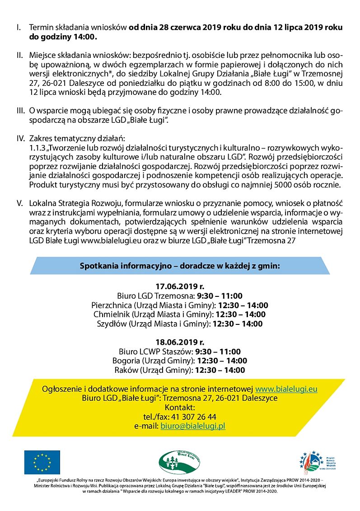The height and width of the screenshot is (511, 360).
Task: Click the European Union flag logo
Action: point(42,462)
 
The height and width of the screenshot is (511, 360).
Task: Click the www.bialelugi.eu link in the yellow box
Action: point(286,389)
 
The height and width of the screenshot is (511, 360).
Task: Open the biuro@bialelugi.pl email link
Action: point(193,426)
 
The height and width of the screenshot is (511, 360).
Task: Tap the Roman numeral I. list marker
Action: point(19,28)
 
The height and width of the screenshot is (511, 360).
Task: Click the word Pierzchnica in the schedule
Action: point(110,305)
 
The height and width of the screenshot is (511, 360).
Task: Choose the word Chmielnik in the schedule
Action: point(110,314)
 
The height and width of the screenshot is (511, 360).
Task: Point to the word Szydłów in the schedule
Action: point(110,324)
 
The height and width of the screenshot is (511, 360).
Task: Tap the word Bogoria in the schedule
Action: point(126,361)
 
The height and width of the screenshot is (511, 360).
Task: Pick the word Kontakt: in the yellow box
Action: point(180,408)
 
